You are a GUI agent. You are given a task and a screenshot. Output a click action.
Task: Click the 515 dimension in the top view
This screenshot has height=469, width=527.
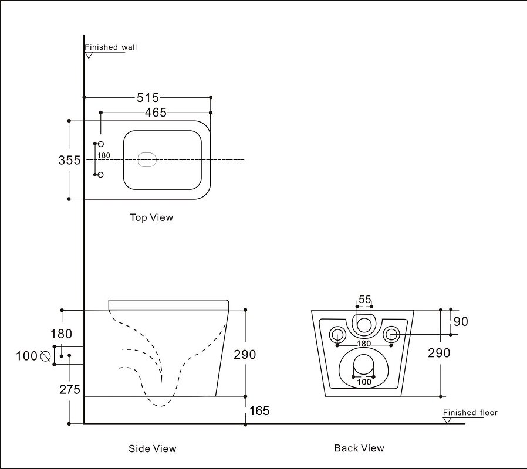point(148,98)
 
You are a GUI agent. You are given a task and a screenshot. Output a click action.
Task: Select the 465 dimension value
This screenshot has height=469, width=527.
point(156,113)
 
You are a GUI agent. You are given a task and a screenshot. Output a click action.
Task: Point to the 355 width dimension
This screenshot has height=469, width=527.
point(69,160)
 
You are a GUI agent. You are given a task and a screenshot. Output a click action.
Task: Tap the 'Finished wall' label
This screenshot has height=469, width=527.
point(111,47)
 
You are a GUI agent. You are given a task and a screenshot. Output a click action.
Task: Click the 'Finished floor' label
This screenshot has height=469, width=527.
point(470,413)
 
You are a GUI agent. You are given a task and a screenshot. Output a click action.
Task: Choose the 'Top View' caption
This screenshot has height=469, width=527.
point(151,217)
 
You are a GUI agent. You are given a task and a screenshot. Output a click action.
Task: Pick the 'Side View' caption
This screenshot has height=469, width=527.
point(152,448)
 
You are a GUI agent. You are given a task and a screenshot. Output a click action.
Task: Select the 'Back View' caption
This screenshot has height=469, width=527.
point(359,448)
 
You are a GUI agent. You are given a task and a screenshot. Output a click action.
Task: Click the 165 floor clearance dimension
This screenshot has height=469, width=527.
point(259,411)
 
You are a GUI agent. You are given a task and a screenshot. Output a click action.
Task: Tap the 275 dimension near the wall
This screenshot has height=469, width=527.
point(69,389)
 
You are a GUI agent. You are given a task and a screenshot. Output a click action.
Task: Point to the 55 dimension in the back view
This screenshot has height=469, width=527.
point(365,300)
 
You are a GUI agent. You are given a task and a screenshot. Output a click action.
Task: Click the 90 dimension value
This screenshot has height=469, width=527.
point(461,321)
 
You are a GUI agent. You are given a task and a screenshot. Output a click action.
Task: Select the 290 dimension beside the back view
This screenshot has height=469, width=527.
point(439,353)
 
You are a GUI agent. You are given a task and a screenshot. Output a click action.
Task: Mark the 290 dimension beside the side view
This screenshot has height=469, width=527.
point(245,354)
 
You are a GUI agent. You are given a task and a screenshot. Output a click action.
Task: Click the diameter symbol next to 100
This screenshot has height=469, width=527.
point(45,356)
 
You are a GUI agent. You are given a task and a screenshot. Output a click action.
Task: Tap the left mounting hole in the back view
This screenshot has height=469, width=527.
point(337,335)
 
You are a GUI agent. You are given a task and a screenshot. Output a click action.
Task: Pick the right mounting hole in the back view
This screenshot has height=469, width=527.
point(391,335)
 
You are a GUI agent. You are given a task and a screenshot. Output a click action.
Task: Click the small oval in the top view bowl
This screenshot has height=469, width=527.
point(147,159)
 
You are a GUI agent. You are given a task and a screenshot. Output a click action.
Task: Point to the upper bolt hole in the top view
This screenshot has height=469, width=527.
point(100,144)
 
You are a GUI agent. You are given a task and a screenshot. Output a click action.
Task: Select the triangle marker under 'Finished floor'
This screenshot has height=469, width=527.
point(448,420)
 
